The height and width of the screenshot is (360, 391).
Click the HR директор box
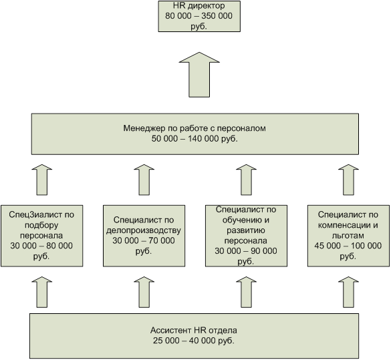coord(199,16)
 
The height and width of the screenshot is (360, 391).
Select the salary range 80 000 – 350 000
coord(199,16)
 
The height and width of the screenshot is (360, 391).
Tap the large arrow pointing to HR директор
coord(199,75)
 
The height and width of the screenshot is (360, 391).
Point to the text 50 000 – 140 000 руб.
coord(194,138)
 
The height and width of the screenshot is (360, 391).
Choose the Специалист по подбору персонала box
coord(42,236)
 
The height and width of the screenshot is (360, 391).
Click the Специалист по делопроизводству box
coord(144,236)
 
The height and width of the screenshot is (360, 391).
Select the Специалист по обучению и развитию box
coord(246,236)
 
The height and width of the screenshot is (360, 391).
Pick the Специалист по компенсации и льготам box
coord(348,236)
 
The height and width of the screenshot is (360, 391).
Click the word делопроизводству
coord(144,230)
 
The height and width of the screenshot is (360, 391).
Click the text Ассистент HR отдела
coord(194,331)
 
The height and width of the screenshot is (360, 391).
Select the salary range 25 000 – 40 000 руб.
coord(194,341)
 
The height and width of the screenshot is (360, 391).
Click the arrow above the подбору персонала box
coord(42,180)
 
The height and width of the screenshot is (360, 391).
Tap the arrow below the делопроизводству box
coord(144,292)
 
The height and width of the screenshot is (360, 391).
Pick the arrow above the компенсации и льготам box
coord(348,180)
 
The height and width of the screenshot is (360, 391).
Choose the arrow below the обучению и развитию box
coord(246,292)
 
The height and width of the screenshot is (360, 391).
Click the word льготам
coord(348,236)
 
